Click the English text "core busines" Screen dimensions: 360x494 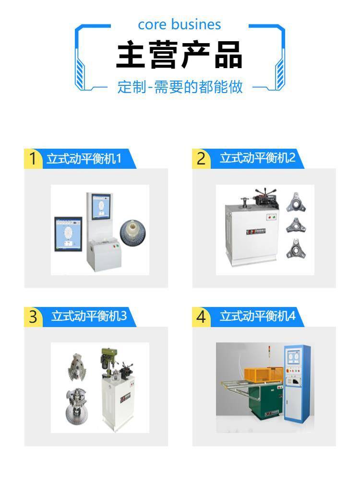[180, 24]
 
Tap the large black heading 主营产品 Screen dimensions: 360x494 [180, 55]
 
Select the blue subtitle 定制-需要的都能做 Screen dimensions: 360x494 [180, 87]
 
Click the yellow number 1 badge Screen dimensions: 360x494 [33, 158]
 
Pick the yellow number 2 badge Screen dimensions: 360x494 [201, 158]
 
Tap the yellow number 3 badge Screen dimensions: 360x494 [33, 317]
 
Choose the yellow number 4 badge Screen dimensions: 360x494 [201, 317]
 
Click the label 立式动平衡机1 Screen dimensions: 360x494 [84, 158]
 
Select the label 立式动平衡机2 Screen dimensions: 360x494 [258, 158]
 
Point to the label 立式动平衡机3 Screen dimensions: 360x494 [89, 316]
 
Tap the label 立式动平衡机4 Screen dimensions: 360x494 [258, 316]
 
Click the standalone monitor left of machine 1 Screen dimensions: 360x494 [69, 234]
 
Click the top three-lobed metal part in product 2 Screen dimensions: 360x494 [296, 202]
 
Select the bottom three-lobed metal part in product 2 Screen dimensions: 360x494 [296, 249]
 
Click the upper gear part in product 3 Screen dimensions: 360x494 [78, 366]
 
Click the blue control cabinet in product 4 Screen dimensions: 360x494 [297, 383]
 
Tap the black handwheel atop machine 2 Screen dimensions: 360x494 [265, 192]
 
